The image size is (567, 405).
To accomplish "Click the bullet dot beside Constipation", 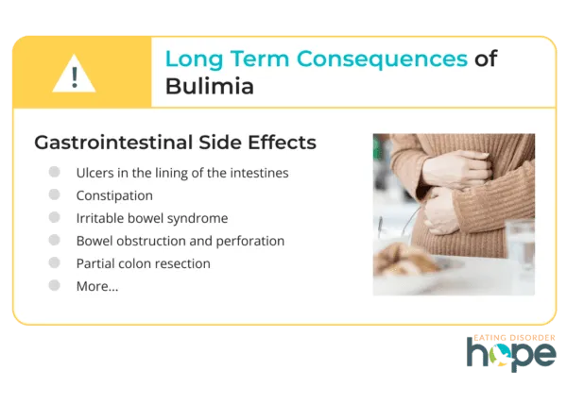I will coord(55,194).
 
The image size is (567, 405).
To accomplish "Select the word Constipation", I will coord(114,195).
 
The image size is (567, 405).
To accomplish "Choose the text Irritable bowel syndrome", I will coord(151,218).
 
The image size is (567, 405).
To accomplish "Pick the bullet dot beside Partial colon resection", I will coord(55,262).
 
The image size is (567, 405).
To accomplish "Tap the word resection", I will coord(182,263).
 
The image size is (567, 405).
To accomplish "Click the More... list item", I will coord(96,286).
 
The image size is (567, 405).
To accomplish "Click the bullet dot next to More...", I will coord(55,284).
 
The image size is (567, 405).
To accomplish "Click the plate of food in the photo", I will coord(411,265).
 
